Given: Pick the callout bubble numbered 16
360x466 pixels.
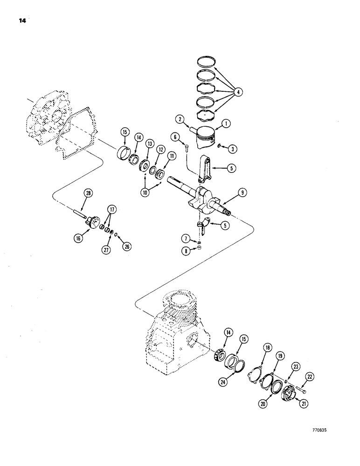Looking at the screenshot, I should [x=77, y=238].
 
